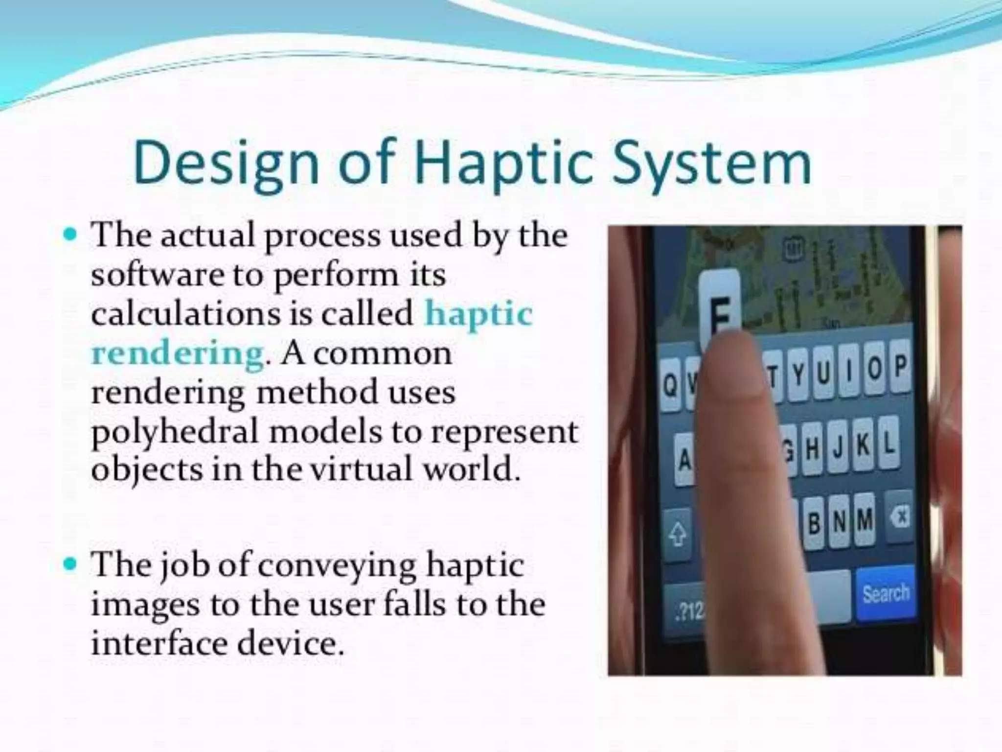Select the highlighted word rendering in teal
177,353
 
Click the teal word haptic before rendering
478,314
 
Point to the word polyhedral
174,432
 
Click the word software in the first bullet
157,276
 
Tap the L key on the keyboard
887,444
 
